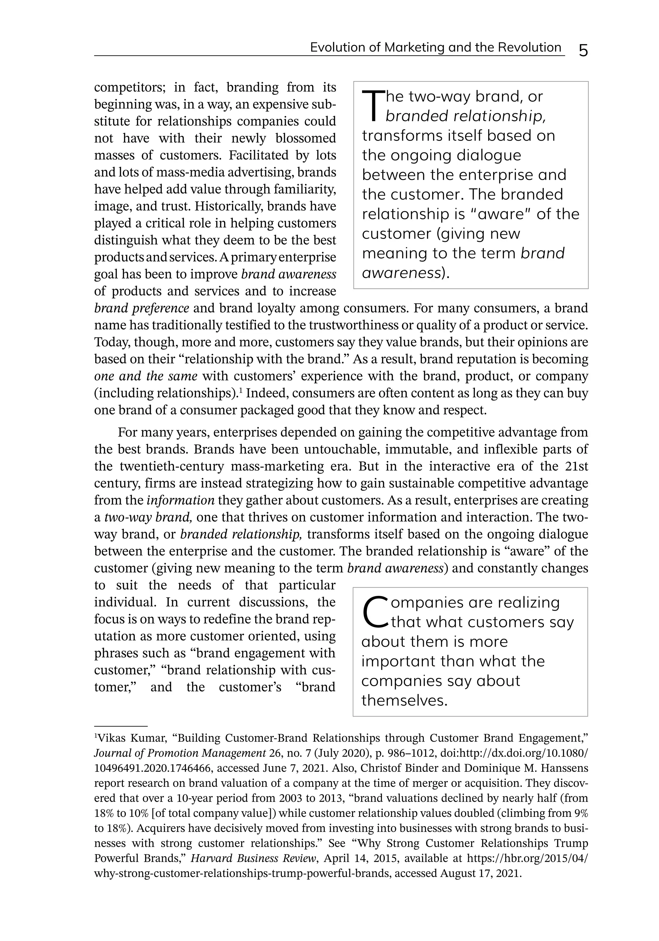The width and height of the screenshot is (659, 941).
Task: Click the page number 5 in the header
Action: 583,51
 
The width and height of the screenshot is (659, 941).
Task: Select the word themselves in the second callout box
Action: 404,700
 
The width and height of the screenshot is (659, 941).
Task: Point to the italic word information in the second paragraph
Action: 181,500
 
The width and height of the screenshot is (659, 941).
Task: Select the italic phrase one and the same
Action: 145,376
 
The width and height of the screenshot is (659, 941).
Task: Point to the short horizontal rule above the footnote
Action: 121,726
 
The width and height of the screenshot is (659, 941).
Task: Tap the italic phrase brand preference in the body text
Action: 142,308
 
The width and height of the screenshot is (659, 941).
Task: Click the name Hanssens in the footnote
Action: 566,768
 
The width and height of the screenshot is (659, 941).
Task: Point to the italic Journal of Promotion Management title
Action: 180,753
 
